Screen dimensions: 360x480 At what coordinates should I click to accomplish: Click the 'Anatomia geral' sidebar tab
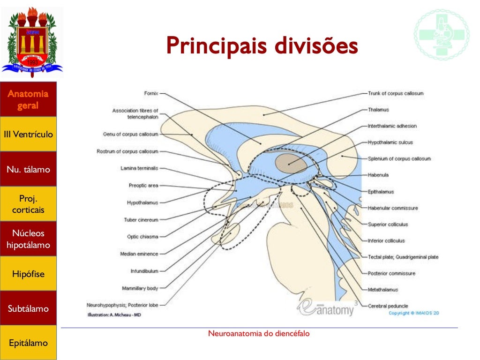[28, 99]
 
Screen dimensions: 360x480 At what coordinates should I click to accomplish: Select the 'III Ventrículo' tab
[28, 135]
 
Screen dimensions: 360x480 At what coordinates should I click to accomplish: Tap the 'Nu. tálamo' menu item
[28, 169]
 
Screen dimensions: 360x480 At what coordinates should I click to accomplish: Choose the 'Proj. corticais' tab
[28, 204]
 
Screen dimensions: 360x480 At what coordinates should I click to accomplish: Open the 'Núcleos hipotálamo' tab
[28, 239]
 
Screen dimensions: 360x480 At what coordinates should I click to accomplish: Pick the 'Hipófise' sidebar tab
[28, 274]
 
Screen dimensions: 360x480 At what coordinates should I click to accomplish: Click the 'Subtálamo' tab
[28, 309]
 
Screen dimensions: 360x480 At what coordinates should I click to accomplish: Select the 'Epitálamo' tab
[28, 343]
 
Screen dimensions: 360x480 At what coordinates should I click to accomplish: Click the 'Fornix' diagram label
[151, 93]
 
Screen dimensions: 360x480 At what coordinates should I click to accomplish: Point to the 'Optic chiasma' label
[142, 237]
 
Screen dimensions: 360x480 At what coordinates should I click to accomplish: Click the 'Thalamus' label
[379, 110]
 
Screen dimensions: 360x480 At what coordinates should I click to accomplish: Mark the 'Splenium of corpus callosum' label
[399, 158]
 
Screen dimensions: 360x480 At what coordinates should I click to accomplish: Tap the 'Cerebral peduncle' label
[388, 306]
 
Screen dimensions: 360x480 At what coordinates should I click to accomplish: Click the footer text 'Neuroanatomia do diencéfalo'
[259, 334]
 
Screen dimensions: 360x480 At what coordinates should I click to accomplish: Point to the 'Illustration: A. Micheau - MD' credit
[114, 315]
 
